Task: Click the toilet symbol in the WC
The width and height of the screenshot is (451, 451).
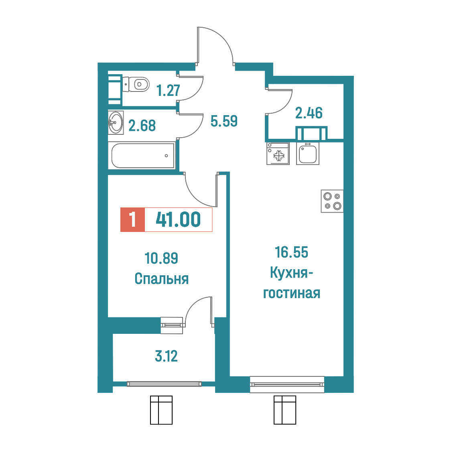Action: point(136,84)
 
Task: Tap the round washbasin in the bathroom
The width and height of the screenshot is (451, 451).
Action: point(116,122)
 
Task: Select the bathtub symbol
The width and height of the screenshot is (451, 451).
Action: point(143,156)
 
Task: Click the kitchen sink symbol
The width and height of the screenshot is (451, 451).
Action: point(308,154)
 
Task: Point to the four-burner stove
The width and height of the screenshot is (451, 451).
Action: point(332,201)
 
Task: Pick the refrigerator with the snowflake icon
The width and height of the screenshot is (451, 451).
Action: point(278,154)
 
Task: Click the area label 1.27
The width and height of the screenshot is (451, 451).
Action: point(168,90)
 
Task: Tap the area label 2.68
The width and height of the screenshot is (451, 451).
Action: point(142,126)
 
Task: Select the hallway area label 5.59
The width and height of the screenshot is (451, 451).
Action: point(224,121)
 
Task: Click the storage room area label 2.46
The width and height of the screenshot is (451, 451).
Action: point(309,113)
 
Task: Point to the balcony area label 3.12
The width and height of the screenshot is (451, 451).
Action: point(166,356)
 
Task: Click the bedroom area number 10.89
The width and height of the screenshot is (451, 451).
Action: point(161,258)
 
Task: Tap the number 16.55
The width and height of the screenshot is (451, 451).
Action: point(292,252)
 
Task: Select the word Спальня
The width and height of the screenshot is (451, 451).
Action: point(162,279)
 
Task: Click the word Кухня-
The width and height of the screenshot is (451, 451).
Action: point(291,273)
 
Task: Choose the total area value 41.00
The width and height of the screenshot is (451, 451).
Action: point(178,219)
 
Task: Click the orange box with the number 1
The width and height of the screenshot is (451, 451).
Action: point(132,219)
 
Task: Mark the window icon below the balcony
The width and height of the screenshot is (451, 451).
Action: point(161,410)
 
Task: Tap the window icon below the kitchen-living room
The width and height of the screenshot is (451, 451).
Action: point(285,410)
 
